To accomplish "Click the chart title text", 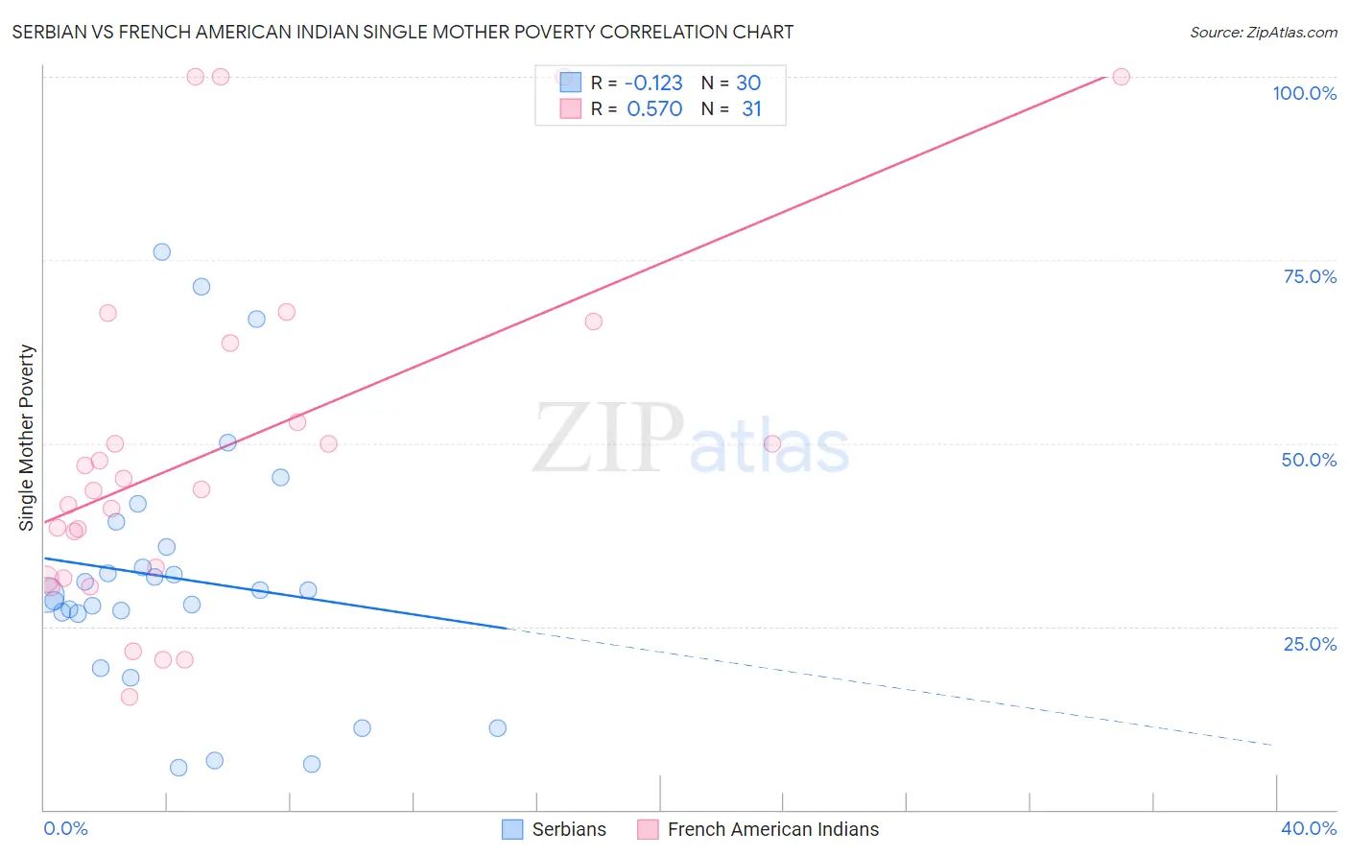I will click(x=403, y=32).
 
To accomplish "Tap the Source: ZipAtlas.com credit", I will click(x=1263, y=32).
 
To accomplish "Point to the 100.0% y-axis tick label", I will click(x=1304, y=93).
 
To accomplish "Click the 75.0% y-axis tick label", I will click(x=1310, y=276).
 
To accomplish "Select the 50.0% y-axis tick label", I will click(x=1309, y=460).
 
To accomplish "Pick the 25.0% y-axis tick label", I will click(x=1310, y=644).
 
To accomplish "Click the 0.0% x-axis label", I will click(x=65, y=828).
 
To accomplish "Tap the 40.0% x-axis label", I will click(x=1308, y=828).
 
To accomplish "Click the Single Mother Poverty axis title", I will click(x=27, y=438).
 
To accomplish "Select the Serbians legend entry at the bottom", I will click(x=555, y=829).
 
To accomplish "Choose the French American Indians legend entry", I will click(x=758, y=829).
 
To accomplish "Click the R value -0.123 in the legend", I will click(x=653, y=83).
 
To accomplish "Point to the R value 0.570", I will click(x=654, y=109).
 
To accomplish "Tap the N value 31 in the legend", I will click(x=751, y=109).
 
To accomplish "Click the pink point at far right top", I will click(x=1121, y=77).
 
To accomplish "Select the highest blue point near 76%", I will click(x=162, y=252).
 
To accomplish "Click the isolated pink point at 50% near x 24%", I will click(x=771, y=443).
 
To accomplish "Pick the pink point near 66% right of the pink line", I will click(x=594, y=321).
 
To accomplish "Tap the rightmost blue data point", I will click(x=498, y=728).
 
